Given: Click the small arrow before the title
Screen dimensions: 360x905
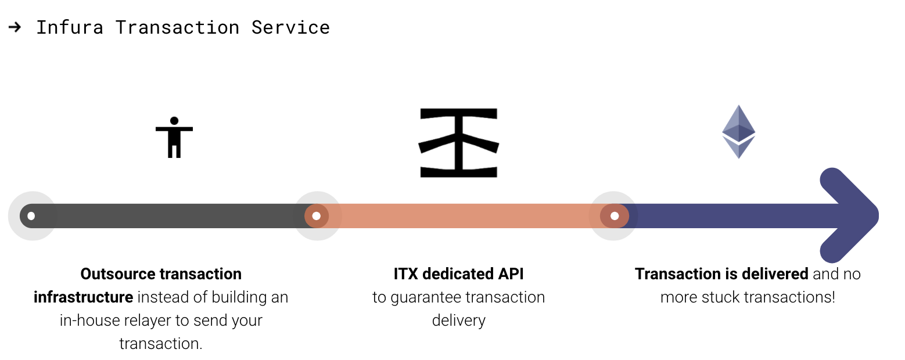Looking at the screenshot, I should pyautogui.click(x=15, y=27).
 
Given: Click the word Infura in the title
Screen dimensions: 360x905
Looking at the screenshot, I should pyautogui.click(x=70, y=27).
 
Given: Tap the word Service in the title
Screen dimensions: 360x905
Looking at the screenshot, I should pyautogui.click(x=290, y=27).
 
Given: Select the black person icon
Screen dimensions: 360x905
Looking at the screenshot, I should pyautogui.click(x=174, y=137).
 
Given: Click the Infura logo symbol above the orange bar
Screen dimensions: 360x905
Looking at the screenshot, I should pyautogui.click(x=459, y=142).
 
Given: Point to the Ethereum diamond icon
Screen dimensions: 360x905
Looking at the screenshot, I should pyautogui.click(x=738, y=132).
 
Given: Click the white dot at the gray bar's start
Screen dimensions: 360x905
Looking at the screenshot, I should pyautogui.click(x=31, y=216).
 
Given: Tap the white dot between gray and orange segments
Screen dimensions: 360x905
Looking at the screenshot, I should pyautogui.click(x=317, y=216).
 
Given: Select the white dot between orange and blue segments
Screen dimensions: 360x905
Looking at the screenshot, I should pyautogui.click(x=615, y=216).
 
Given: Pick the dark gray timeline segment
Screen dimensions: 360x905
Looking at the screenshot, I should pyautogui.click(x=168, y=216).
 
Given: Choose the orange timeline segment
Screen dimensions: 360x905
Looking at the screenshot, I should pyautogui.click(x=465, y=216).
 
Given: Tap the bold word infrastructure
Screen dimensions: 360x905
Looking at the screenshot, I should pyautogui.click(x=84, y=297).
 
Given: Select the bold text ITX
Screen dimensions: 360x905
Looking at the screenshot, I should pyautogui.click(x=405, y=274).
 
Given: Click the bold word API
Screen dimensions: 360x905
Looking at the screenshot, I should pyautogui.click(x=511, y=274).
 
